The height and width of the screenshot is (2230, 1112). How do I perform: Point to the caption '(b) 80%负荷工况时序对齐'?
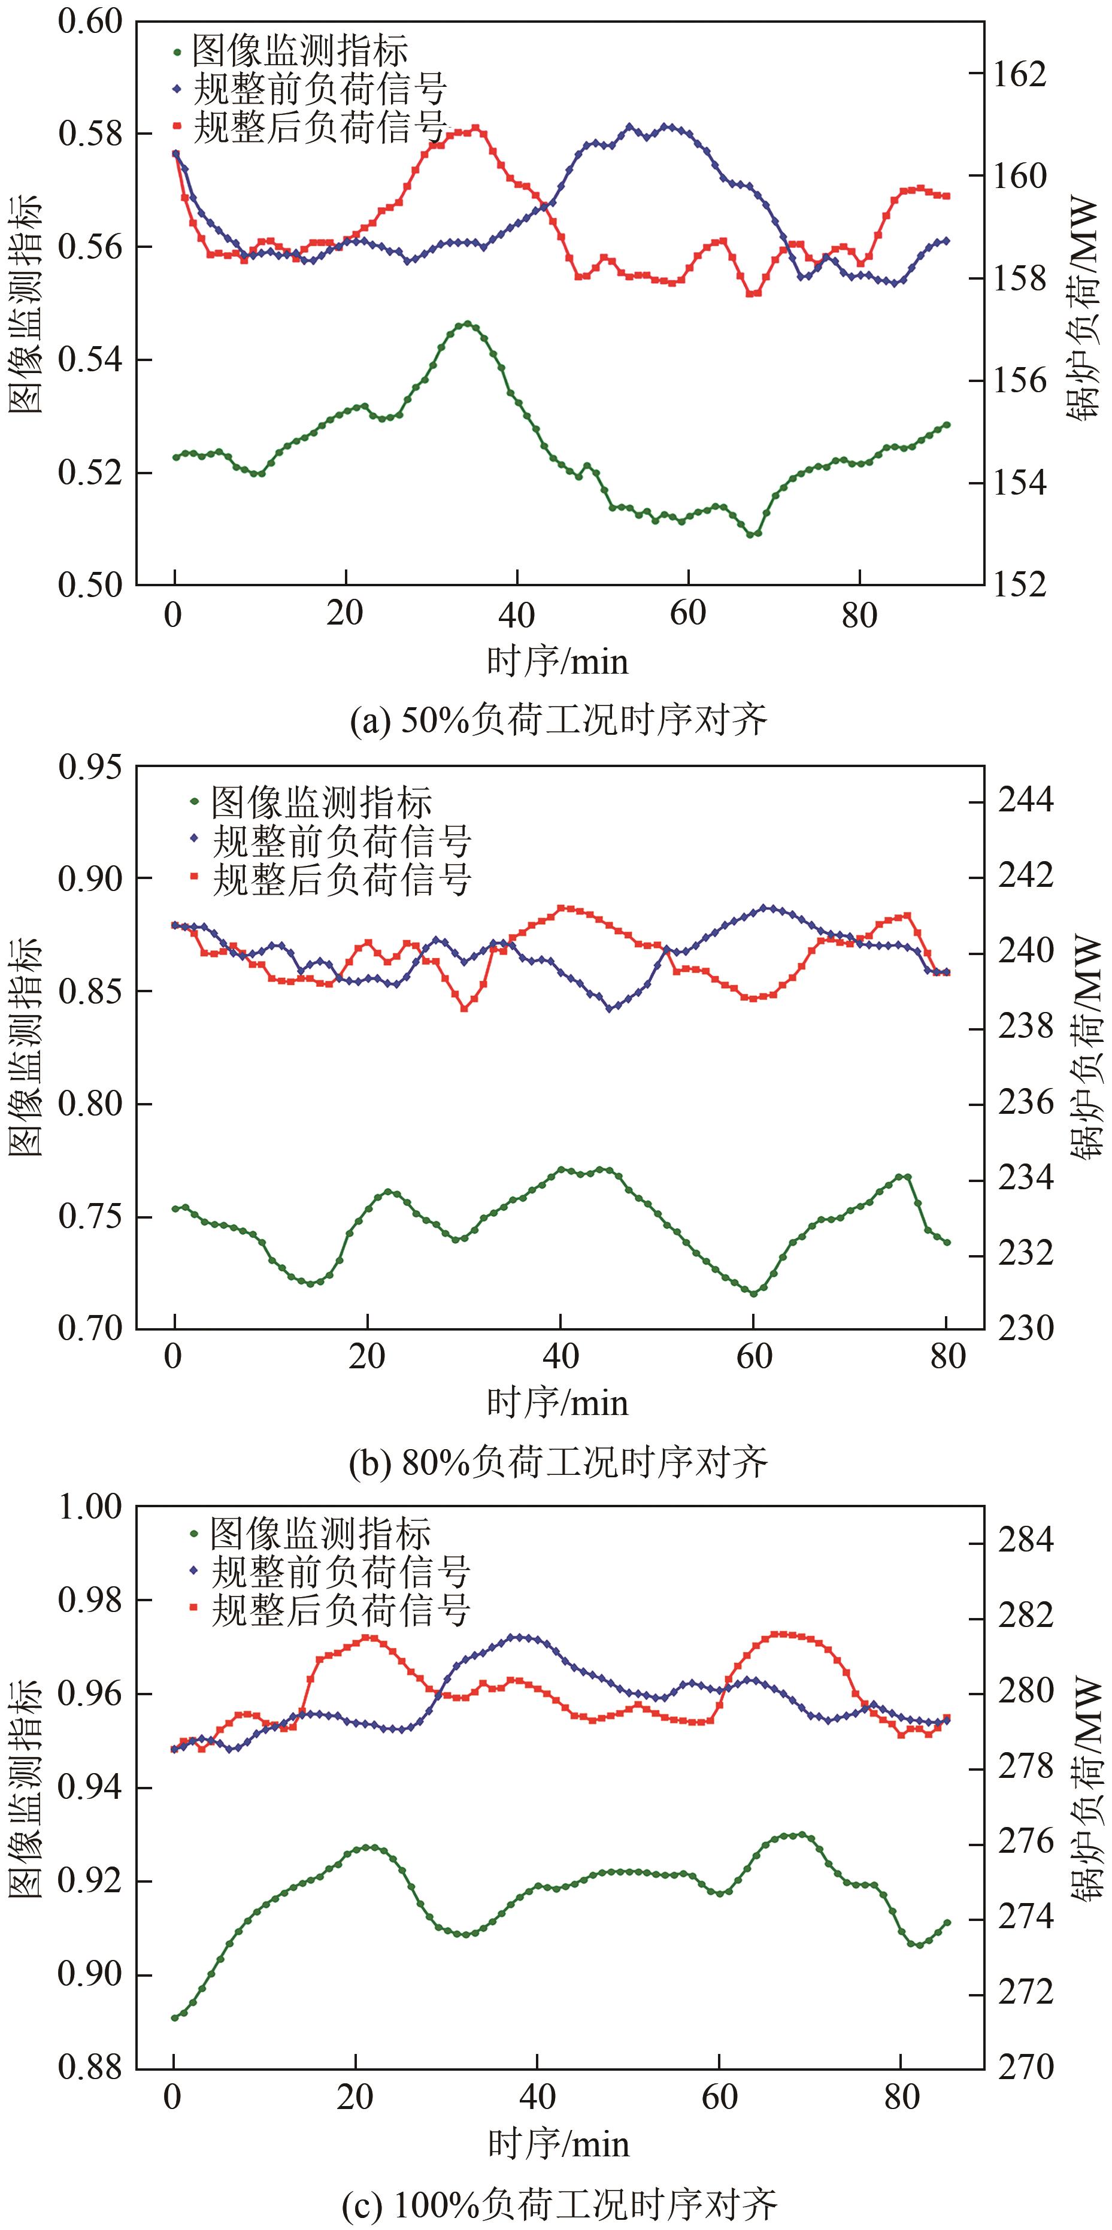click(x=558, y=1462)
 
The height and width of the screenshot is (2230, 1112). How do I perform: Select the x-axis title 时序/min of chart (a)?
click(x=557, y=662)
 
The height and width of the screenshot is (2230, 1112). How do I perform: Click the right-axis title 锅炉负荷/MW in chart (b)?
click(x=1087, y=1047)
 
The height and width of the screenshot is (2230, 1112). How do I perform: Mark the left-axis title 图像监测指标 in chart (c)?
click(x=26, y=1786)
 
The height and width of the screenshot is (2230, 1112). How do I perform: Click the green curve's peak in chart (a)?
click(x=467, y=324)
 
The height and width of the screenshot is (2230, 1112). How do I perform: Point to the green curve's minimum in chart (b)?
click(x=754, y=1293)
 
